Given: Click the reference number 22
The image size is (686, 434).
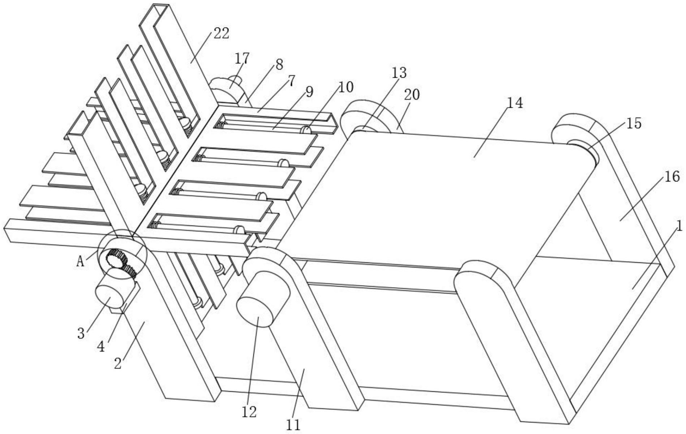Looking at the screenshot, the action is pos(221,34).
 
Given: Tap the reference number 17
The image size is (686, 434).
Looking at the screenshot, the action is pos(242,58).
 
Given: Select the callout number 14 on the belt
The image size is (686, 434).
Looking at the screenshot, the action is pos(515,103).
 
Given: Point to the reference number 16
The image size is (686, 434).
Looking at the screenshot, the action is pos(672,177).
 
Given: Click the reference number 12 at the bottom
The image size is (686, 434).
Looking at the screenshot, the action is pos(249,412).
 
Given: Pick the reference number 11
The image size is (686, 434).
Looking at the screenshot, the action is pos(293,425).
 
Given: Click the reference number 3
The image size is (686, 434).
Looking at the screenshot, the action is pos(81,333).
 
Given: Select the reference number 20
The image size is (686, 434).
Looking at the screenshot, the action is pos(412,95).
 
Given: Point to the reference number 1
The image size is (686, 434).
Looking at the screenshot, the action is pos(679,227).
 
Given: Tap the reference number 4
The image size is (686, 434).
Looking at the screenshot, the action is pos(101,347).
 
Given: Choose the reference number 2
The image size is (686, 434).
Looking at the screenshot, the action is pos(118,363).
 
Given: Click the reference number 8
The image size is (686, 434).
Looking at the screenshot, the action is pos(279,65).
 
